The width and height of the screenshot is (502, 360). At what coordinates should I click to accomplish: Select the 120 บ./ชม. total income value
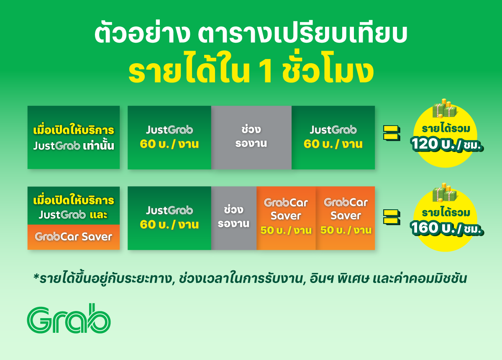pos(447,144)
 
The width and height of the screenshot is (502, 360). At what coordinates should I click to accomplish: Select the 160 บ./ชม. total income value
pos(447,228)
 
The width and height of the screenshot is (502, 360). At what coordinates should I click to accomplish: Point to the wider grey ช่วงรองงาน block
pos(251,137)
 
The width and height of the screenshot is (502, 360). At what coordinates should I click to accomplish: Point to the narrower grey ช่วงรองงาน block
pos(234,218)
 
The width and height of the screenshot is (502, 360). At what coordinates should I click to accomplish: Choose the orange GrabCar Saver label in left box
pos(74,237)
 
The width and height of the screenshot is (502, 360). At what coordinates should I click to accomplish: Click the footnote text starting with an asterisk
pos(250,278)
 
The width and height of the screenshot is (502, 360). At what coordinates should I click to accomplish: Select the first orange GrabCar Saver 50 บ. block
pos(286,218)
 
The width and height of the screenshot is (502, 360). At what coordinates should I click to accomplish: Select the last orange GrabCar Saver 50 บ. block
pos(346,218)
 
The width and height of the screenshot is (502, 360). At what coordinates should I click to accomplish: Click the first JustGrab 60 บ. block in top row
pos(169,137)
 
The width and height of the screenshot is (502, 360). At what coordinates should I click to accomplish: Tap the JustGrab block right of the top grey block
pos(333,137)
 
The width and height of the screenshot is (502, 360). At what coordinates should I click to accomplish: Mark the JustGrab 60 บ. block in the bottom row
pos(169,218)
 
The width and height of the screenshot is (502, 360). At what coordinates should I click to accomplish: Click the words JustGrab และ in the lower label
pos(74,215)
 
